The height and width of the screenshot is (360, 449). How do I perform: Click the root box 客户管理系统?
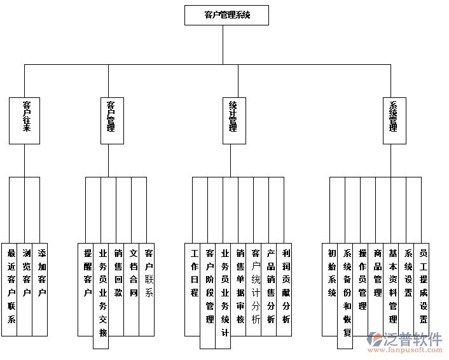coord(226,15)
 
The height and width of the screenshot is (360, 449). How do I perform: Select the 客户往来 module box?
coord(25,120)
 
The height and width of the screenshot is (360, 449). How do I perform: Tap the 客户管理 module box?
coord(111,120)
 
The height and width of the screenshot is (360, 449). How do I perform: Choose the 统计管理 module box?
coord(233,120)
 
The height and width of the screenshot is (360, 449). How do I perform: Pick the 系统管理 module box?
coord(394,120)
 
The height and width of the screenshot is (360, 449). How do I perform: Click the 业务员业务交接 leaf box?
coord(102,295)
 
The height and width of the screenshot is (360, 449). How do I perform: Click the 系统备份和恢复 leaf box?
coord(346,295)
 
